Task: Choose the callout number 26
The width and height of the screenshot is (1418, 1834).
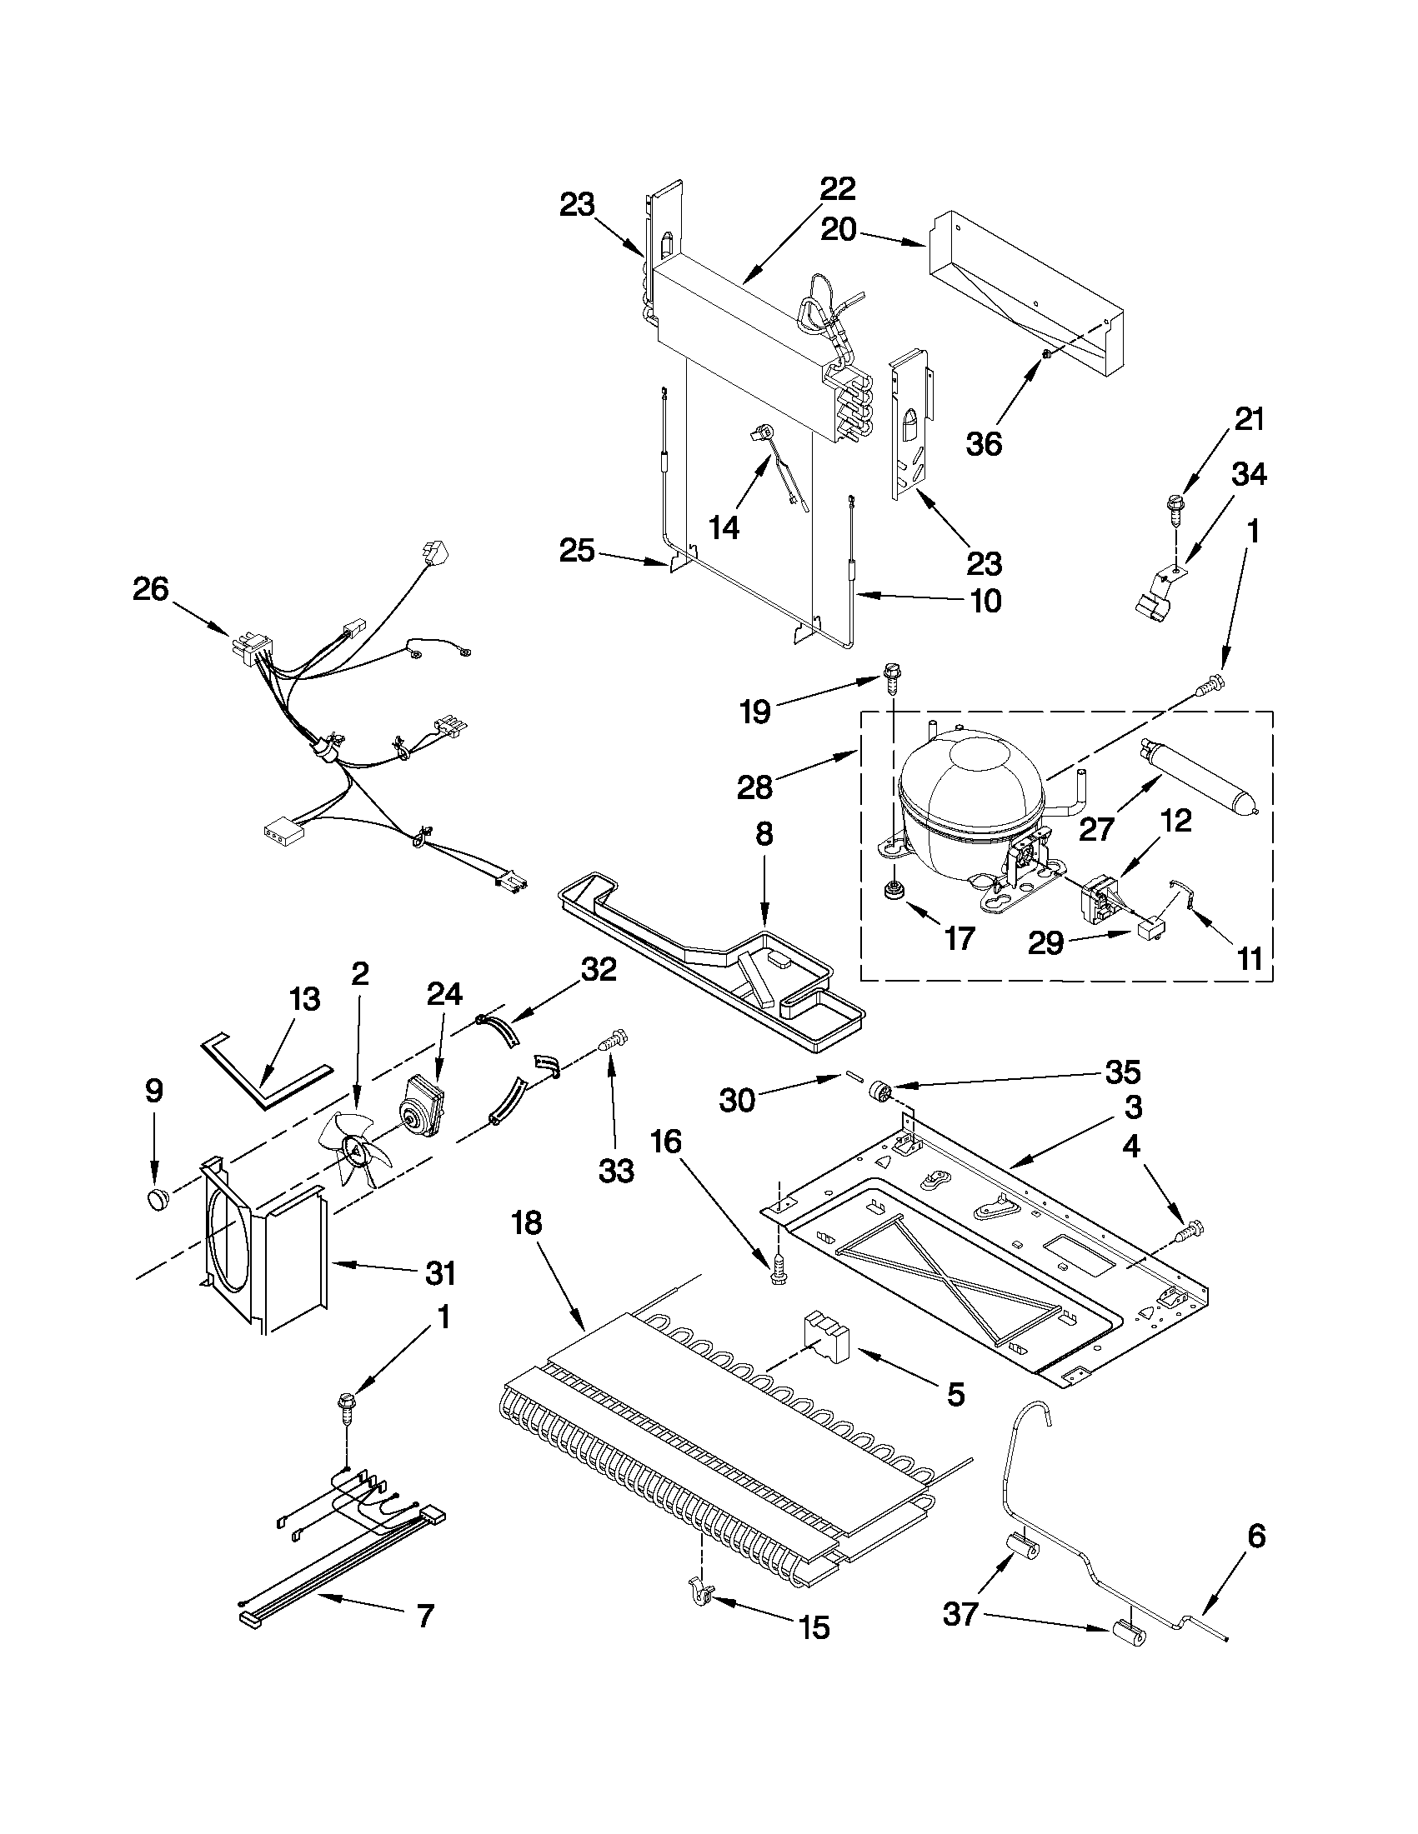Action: coord(150,589)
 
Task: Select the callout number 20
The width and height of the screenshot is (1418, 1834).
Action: coord(838,229)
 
